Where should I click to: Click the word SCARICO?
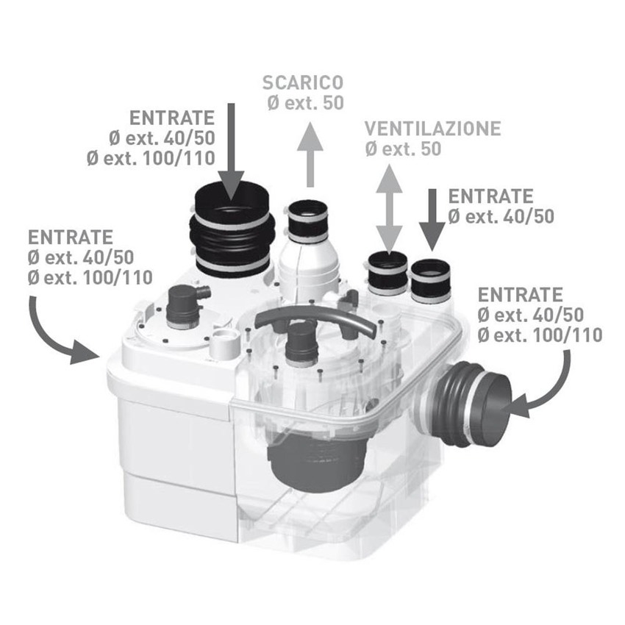(x=302, y=83)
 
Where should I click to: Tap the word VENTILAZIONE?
(x=432, y=129)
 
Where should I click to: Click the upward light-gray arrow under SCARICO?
(x=310, y=154)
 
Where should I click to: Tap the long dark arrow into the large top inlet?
(x=231, y=151)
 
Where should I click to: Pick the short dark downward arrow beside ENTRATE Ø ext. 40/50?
(x=432, y=220)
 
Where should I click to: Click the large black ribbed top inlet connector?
(x=232, y=229)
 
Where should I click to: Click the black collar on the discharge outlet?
(x=307, y=221)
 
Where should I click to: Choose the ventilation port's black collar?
(x=387, y=274)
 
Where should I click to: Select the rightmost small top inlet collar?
(x=431, y=282)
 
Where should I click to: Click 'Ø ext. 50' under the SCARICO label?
(x=306, y=103)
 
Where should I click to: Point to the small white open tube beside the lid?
(x=224, y=343)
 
